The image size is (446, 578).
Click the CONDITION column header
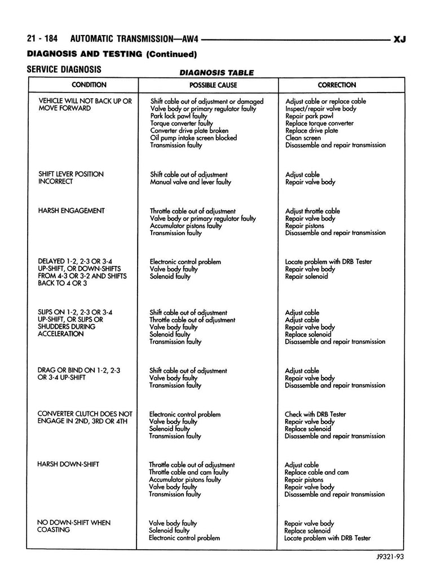(x=89, y=85)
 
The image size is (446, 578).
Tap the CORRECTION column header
(x=337, y=85)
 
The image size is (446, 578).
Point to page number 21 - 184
(x=44, y=40)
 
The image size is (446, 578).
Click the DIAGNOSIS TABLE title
(x=216, y=73)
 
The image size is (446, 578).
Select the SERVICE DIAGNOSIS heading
(x=64, y=69)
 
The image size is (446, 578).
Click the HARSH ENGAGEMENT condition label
(x=71, y=211)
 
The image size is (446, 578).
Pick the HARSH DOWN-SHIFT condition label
(x=68, y=464)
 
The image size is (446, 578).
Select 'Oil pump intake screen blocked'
(x=193, y=138)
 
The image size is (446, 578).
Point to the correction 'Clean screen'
(x=303, y=138)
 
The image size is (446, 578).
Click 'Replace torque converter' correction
(x=319, y=123)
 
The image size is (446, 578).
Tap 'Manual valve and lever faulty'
(x=190, y=182)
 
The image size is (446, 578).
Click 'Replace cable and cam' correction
(x=317, y=472)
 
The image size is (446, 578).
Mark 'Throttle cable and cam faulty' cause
(x=190, y=472)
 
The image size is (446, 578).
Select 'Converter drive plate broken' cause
(x=189, y=130)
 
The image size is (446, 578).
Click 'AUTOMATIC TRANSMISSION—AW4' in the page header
(x=136, y=40)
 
